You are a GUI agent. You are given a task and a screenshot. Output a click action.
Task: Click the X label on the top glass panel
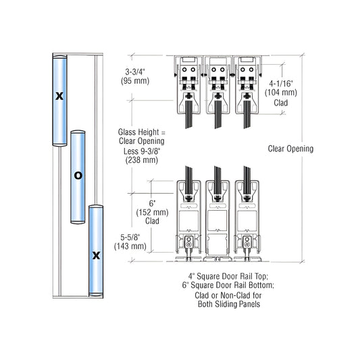[x=59, y=95]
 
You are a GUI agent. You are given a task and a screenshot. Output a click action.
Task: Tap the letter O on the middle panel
[x=78, y=175]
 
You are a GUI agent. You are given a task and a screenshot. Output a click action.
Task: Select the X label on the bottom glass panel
[x=96, y=255]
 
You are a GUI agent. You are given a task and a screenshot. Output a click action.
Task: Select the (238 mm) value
[x=140, y=160]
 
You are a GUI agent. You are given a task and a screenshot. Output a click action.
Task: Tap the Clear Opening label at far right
[x=290, y=149]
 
